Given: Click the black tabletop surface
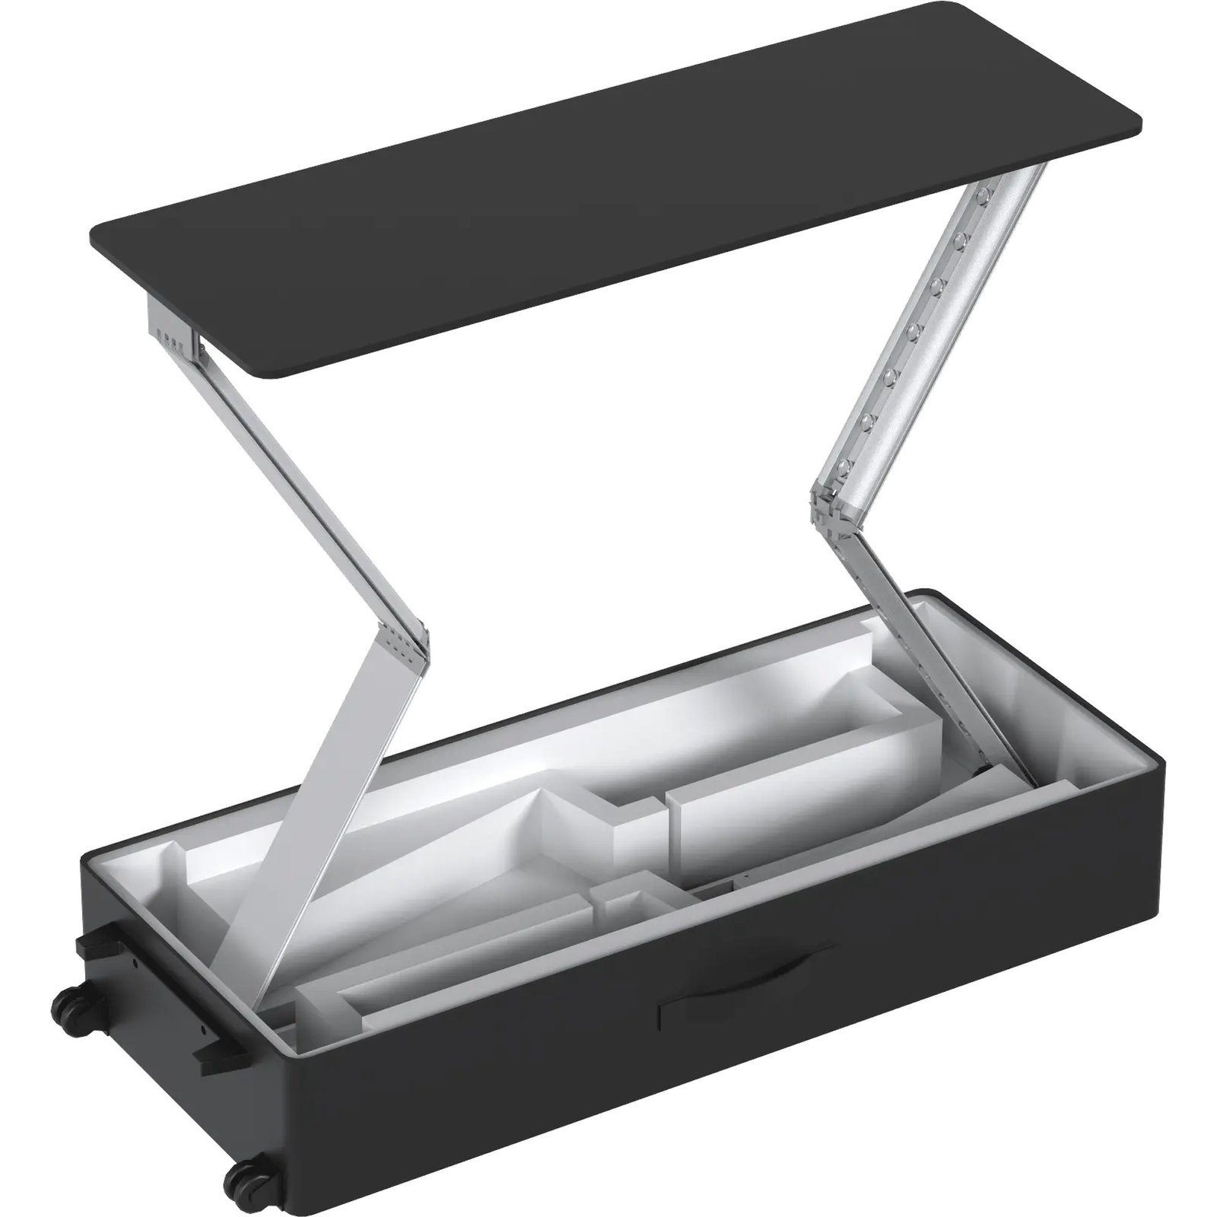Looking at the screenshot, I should coord(608,190).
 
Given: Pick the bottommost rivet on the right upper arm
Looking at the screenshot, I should coord(844,466).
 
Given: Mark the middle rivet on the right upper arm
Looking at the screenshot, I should coord(914,332).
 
